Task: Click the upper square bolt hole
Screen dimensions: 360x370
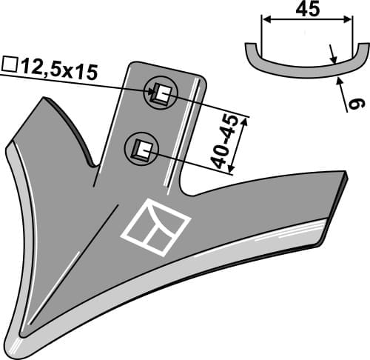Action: tap(161, 93)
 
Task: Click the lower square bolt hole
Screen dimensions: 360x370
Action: tap(140, 150)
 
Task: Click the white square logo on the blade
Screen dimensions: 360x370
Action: tap(155, 225)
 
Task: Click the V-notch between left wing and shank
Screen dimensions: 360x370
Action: tap(93, 164)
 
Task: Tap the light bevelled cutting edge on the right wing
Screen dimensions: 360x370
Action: tap(244, 248)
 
